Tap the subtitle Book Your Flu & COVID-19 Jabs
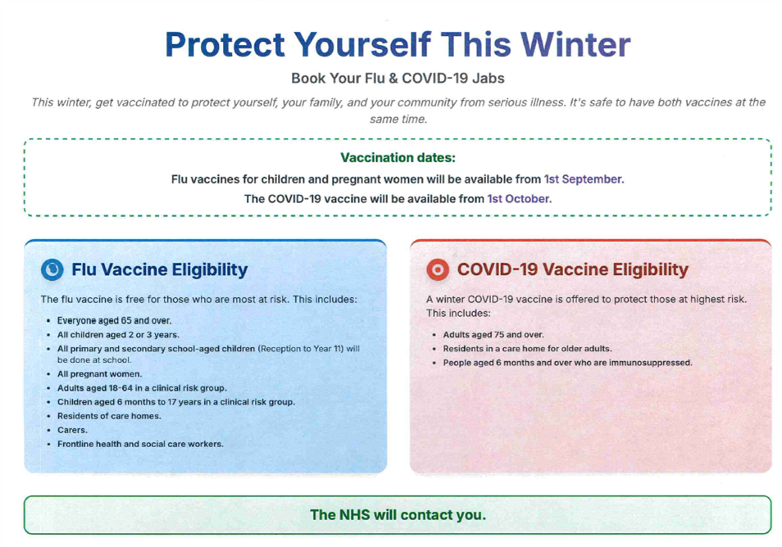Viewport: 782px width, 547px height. click(398, 79)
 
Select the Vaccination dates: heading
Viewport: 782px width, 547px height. click(398, 157)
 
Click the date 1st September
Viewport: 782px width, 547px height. click(584, 179)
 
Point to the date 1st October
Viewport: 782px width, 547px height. click(519, 198)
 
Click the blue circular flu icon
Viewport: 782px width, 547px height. click(52, 269)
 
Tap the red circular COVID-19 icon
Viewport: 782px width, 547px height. click(438, 269)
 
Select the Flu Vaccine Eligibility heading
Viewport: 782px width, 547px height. click(159, 269)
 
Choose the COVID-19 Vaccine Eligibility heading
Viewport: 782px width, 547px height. click(572, 269)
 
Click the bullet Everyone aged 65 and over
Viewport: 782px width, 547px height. click(114, 321)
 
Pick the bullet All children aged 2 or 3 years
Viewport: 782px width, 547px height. click(118, 335)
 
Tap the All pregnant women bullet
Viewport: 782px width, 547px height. click(99, 374)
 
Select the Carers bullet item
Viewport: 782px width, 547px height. click(72, 430)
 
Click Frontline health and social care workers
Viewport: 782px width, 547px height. click(140, 444)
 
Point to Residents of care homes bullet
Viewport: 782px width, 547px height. click(109, 416)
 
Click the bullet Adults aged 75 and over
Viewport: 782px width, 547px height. click(493, 335)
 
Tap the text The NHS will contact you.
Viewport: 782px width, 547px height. click(398, 515)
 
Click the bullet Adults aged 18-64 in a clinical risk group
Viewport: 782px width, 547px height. click(142, 388)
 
